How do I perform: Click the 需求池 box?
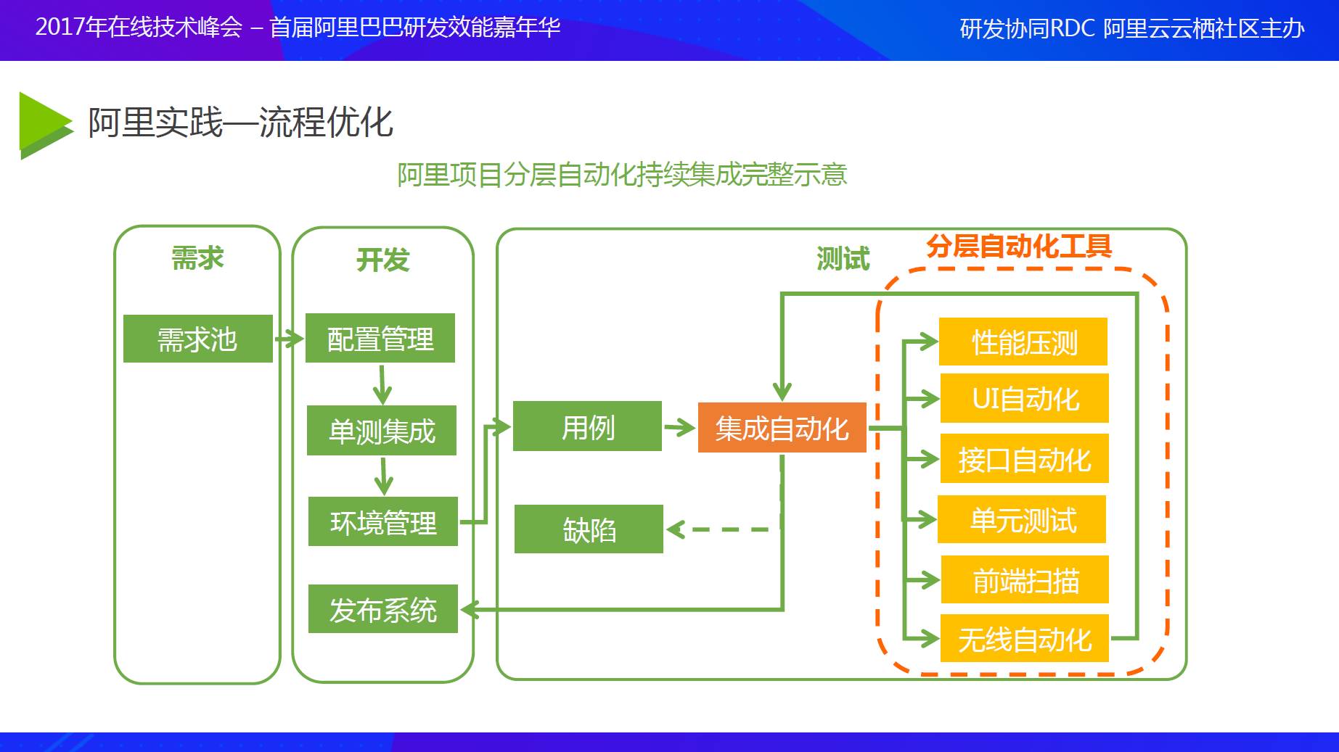(197, 339)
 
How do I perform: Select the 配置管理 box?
(380, 338)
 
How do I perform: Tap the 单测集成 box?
(382, 431)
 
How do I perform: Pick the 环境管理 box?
(383, 521)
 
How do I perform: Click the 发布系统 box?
(383, 609)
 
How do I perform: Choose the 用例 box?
(587, 426)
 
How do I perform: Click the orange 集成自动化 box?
(782, 428)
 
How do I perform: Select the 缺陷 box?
(589, 529)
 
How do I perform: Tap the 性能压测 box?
(1023, 342)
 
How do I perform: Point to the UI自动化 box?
(1025, 398)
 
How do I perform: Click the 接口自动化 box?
(1025, 458)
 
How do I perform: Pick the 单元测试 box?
(1022, 519)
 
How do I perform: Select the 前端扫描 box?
(1025, 579)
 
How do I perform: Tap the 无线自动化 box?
(1025, 638)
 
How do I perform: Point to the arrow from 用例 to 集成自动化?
(679, 427)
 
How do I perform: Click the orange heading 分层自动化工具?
(1019, 247)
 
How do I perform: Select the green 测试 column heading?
(843, 259)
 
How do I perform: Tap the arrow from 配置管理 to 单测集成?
(382, 384)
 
